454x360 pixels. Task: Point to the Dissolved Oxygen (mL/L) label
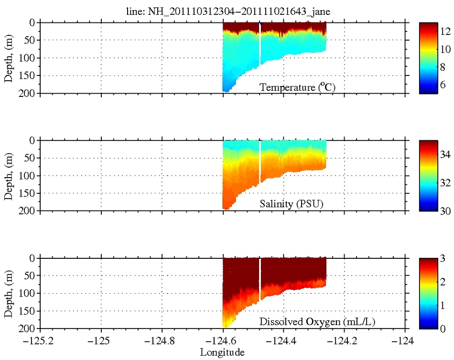tap(317, 322)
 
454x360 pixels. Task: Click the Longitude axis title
tap(222, 352)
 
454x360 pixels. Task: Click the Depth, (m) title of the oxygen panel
tap(8, 293)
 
